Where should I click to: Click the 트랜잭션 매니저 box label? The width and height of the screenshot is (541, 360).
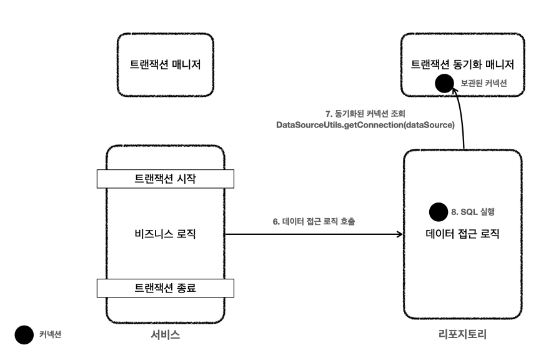165,64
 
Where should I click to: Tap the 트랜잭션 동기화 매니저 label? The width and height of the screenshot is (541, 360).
462,64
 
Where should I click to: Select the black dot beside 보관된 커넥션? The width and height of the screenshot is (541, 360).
444,82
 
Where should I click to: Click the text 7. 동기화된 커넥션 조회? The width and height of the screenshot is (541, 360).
365,114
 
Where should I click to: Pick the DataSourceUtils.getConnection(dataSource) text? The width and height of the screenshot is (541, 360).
365,126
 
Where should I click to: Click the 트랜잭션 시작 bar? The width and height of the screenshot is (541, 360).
165,179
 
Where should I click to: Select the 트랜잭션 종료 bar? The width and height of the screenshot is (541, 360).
165,287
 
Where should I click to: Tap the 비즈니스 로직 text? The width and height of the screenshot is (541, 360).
165,234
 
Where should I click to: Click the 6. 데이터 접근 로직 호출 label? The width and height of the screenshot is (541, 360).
310,221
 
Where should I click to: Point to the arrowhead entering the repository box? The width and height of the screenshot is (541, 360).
399,234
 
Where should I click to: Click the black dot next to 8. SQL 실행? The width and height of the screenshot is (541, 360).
437,211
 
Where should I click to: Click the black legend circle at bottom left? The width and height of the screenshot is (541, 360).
25,334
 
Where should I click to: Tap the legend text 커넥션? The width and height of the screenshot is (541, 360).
51,334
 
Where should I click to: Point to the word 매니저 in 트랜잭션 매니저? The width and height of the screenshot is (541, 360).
187,64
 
